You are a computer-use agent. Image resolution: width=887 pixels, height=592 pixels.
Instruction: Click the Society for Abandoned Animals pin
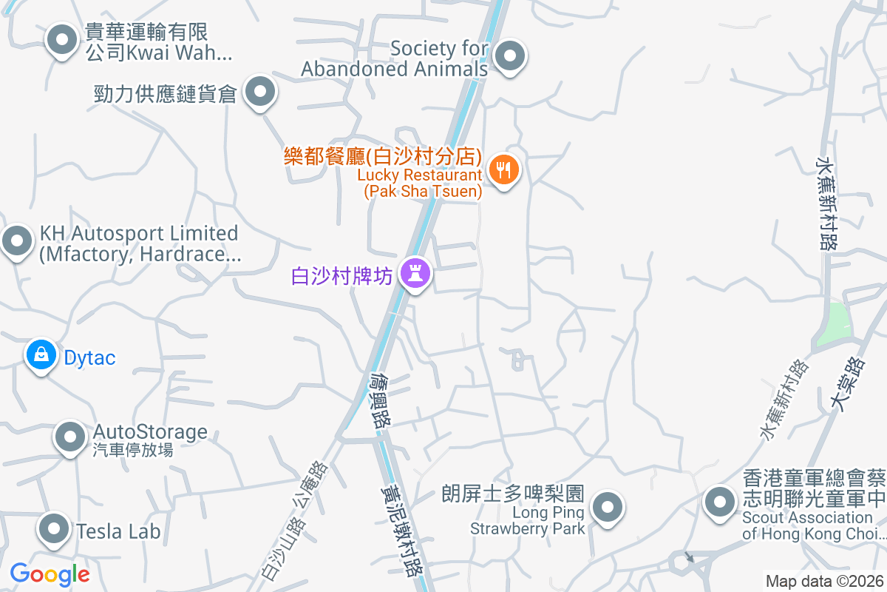point(509,56)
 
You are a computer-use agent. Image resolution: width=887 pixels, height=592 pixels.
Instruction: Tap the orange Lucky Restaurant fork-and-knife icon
point(504,170)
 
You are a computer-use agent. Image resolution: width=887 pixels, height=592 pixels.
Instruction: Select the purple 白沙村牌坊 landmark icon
point(415,274)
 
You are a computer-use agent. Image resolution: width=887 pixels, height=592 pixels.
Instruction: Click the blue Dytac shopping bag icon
point(41,355)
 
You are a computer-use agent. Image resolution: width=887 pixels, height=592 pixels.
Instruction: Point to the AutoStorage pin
point(70,437)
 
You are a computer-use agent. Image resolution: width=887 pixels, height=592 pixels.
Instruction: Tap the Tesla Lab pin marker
point(53,528)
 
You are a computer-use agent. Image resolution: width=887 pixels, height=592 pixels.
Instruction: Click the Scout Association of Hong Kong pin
point(718,503)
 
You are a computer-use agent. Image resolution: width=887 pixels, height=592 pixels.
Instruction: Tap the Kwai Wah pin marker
point(62,40)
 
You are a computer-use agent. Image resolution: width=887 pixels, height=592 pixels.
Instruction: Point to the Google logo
point(50,573)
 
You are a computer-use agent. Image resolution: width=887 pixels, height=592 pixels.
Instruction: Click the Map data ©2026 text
point(823,581)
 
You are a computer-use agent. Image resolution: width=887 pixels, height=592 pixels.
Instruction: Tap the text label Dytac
point(89,358)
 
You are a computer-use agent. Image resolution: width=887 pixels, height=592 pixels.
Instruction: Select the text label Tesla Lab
point(118,531)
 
